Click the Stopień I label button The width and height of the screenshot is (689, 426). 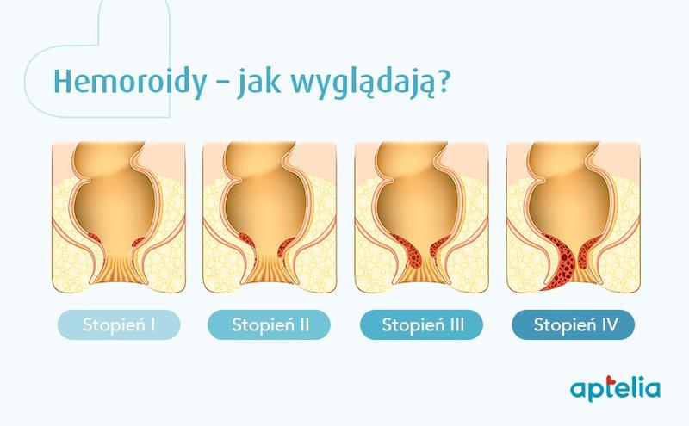point(118,325)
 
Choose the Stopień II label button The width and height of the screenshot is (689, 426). point(270,325)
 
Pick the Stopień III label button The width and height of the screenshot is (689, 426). point(422,325)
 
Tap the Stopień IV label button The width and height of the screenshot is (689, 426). point(573,325)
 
